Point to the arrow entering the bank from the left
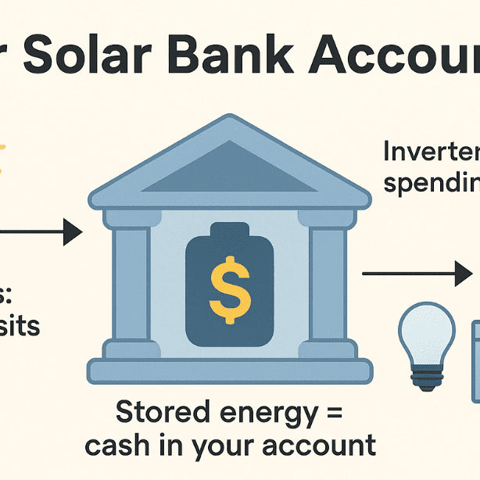(x=47, y=231)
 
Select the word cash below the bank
(x=118, y=445)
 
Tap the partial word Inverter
(x=431, y=152)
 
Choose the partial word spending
(x=431, y=184)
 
